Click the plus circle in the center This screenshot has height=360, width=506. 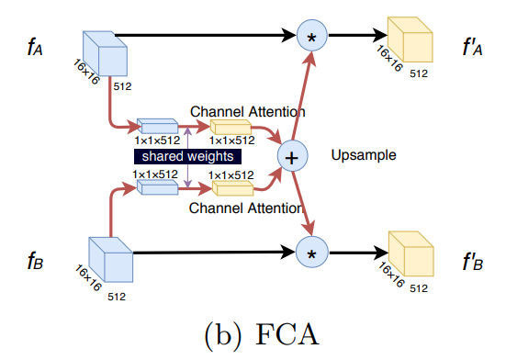(293, 157)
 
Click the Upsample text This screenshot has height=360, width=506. (364, 156)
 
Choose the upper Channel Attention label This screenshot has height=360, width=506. (247, 111)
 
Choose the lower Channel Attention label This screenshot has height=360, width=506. (247, 209)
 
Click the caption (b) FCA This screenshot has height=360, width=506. (252, 332)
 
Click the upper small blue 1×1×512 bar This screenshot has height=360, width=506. (157, 125)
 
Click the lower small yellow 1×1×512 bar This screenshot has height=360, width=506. (231, 188)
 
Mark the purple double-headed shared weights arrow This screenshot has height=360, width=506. (187, 157)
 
